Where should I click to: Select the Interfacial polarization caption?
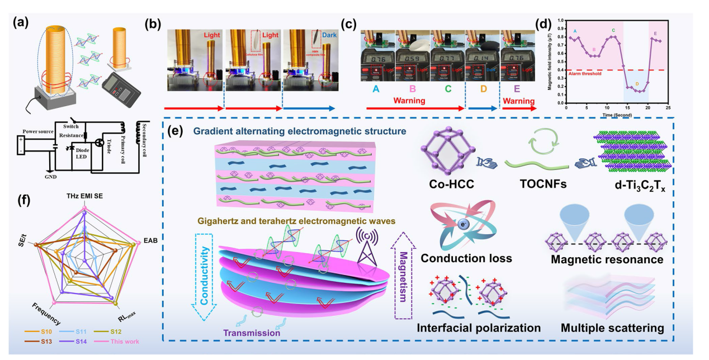tap(478, 327)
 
